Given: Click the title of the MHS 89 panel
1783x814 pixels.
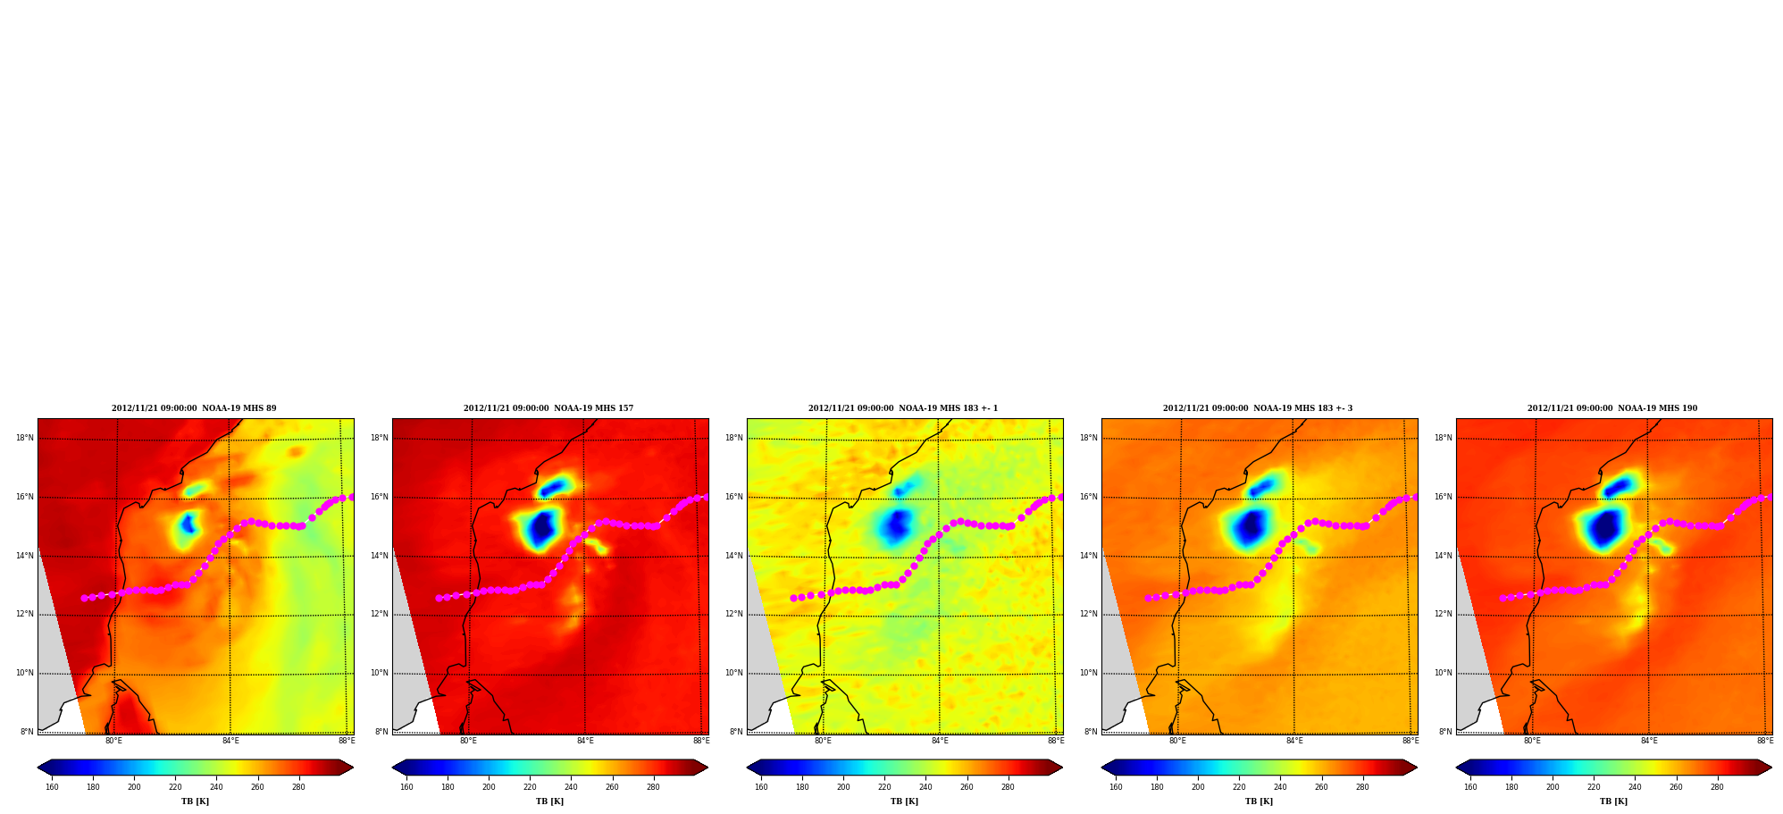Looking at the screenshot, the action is click(x=194, y=408).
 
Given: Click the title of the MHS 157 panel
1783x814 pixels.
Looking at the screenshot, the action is click(x=548, y=408).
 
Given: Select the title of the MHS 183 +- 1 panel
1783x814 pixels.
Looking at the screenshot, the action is click(x=903, y=408).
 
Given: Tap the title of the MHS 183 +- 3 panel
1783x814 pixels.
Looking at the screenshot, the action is click(x=1258, y=408).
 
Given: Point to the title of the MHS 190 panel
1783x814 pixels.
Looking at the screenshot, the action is click(x=1612, y=408).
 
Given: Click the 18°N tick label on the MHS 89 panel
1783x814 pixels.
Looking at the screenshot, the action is click(x=25, y=438).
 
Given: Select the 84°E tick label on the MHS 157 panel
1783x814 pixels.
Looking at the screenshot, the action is click(x=585, y=741).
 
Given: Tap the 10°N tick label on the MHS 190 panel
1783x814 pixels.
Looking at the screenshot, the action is click(x=1444, y=673).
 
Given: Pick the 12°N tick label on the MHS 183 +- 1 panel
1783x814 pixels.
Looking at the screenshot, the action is click(x=734, y=614).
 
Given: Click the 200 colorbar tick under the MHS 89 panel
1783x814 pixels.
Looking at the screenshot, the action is click(x=134, y=787).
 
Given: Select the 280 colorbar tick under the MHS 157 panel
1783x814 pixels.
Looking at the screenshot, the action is click(x=653, y=787).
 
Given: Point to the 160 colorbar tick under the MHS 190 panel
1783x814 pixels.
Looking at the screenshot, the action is click(x=1470, y=787).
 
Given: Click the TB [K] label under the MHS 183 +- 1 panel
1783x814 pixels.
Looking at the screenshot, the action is click(x=904, y=801).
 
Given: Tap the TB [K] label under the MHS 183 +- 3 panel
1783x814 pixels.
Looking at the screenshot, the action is click(x=1259, y=801).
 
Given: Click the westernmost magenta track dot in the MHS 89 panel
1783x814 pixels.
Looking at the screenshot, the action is click(x=84, y=598).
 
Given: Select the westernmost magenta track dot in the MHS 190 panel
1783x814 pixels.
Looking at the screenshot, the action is click(x=1503, y=598).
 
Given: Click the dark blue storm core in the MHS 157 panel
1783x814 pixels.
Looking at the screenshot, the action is click(x=541, y=529).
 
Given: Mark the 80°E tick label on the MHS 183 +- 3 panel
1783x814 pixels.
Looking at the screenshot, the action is click(x=1177, y=741).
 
